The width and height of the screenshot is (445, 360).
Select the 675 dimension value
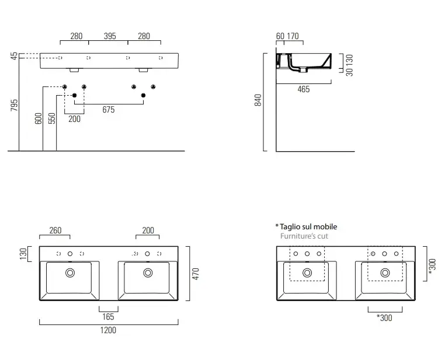tap(108, 110)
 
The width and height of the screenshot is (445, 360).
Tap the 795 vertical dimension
tap(15, 105)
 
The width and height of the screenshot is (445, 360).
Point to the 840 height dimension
tap(258, 100)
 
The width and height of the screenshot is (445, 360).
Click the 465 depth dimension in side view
tap(303, 89)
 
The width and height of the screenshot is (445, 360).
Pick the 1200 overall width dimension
tap(108, 330)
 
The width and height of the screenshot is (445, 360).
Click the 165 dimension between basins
tap(108, 317)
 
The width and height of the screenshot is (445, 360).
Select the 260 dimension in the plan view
tap(54, 230)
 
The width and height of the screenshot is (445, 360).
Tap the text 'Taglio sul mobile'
tap(308, 226)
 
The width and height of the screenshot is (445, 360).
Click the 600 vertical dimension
tap(39, 118)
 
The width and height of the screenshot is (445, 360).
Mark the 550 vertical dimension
tap(52, 118)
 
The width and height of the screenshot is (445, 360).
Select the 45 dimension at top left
tap(14, 57)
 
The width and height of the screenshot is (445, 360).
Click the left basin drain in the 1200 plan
tap(70, 272)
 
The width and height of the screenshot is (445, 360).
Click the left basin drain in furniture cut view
tap(307, 272)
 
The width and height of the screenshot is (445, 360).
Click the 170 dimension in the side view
tap(292, 36)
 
